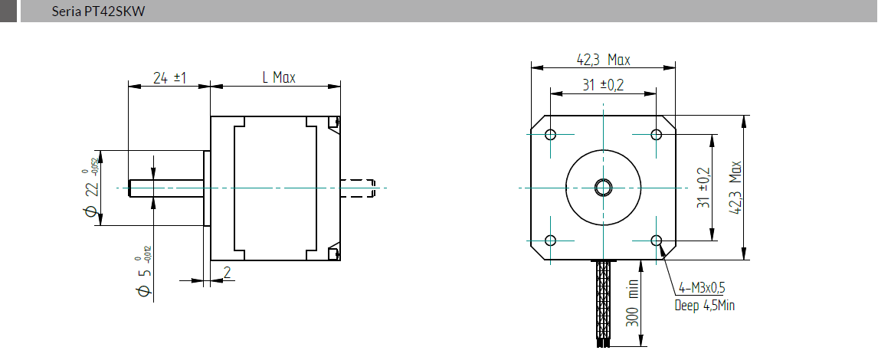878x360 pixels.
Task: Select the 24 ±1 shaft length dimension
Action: (170, 77)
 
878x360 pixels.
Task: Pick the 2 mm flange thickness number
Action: (227, 272)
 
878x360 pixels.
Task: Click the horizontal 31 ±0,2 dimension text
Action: (602, 85)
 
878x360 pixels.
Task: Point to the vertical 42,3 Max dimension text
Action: (736, 188)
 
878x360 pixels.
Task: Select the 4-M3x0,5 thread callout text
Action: (701, 288)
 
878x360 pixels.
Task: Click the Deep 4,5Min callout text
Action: (704, 306)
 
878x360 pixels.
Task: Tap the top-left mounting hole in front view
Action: (550, 135)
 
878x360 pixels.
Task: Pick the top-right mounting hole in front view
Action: (656, 135)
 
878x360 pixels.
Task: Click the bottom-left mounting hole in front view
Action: (550, 241)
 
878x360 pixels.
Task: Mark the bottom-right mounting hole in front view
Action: (656, 241)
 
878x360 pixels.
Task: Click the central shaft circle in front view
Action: (603, 187)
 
